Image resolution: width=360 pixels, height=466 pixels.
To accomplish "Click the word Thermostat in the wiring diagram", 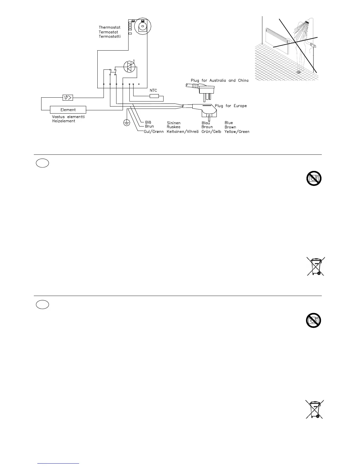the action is pyautogui.click(x=109, y=27).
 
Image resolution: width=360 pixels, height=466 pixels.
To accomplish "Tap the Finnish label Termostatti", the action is pyautogui.click(x=110, y=36).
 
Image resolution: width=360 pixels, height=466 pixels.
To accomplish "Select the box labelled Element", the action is pyautogui.click(x=68, y=110).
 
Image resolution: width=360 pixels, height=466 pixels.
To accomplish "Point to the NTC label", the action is pyautogui.click(x=154, y=90).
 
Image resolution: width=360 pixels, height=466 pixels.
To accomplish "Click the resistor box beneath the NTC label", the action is pyautogui.click(x=154, y=96).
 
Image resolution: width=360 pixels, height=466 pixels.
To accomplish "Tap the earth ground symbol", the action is pyautogui.click(x=126, y=123).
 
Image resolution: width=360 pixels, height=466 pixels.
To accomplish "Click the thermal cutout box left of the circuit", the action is pyautogui.click(x=68, y=97).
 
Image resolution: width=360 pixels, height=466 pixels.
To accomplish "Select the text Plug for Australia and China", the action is pyautogui.click(x=219, y=80).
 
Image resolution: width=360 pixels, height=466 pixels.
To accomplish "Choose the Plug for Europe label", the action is pyautogui.click(x=231, y=106).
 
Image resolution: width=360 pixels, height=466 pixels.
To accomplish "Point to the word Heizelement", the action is pyautogui.click(x=64, y=121).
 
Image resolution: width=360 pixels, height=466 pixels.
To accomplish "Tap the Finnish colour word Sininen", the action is pyautogui.click(x=174, y=123).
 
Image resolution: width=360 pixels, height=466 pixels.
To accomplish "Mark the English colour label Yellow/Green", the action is pyautogui.click(x=237, y=132).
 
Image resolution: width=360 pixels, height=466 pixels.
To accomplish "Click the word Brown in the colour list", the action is pyautogui.click(x=230, y=127).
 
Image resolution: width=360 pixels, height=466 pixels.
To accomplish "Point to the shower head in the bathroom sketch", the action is pyautogui.click(x=308, y=22).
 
